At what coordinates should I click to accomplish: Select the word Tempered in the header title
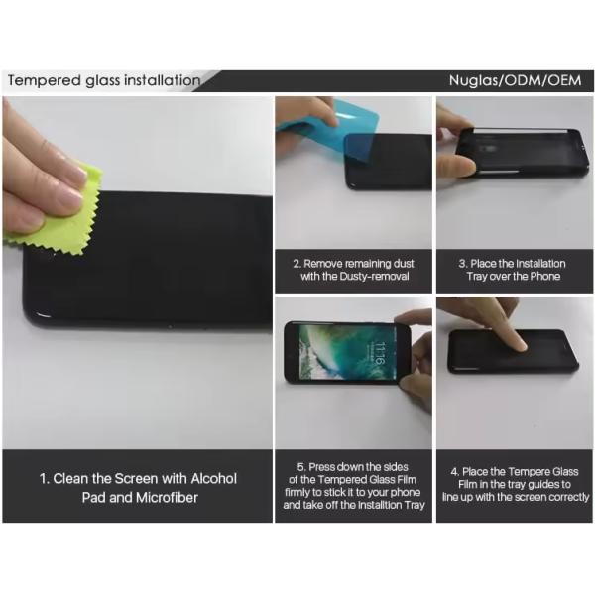(x=45, y=81)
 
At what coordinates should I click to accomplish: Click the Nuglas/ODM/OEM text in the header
(x=515, y=80)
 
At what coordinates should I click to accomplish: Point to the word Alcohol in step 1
(x=213, y=479)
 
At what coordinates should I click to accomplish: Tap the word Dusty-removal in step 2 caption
(x=374, y=276)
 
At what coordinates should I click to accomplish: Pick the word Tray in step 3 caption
(x=477, y=277)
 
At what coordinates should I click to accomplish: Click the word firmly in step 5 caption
(x=297, y=492)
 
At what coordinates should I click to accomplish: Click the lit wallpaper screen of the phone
(x=348, y=352)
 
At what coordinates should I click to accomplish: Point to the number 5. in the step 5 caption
(x=301, y=467)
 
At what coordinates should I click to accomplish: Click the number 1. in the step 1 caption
(x=45, y=479)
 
